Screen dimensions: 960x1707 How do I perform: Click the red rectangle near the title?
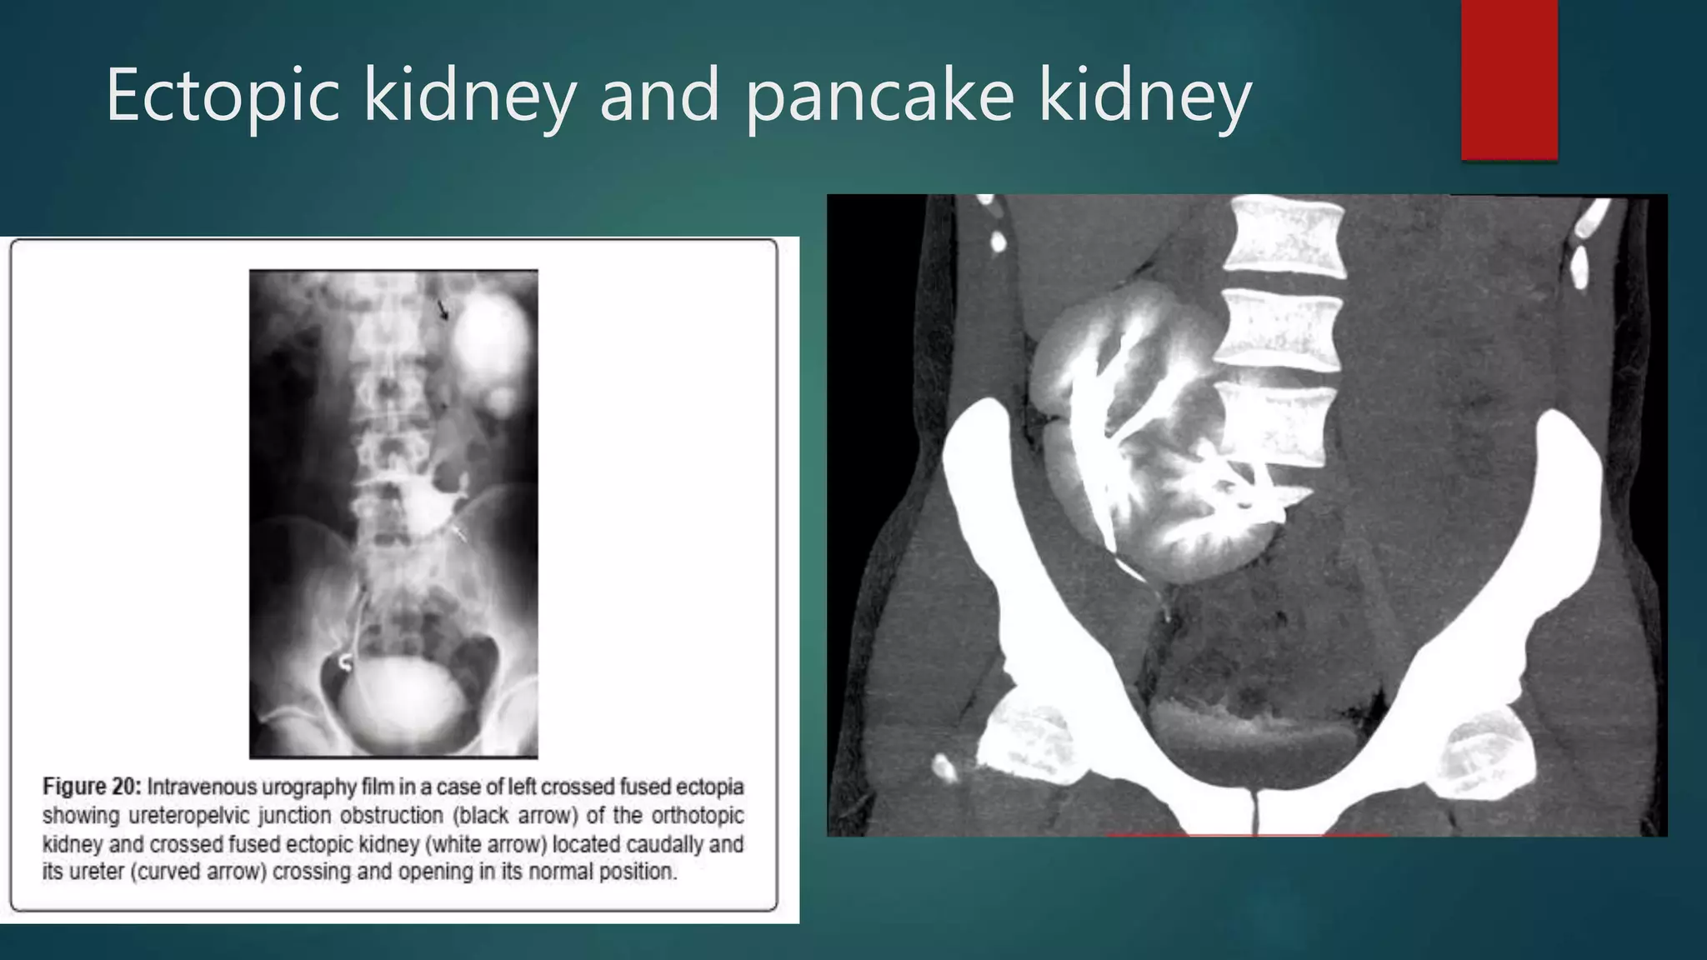[x=1509, y=79]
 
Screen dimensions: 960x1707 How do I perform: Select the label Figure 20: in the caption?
[x=93, y=787]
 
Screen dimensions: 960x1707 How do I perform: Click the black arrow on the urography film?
[x=443, y=311]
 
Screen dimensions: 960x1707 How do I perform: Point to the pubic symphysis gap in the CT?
[x=1253, y=812]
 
